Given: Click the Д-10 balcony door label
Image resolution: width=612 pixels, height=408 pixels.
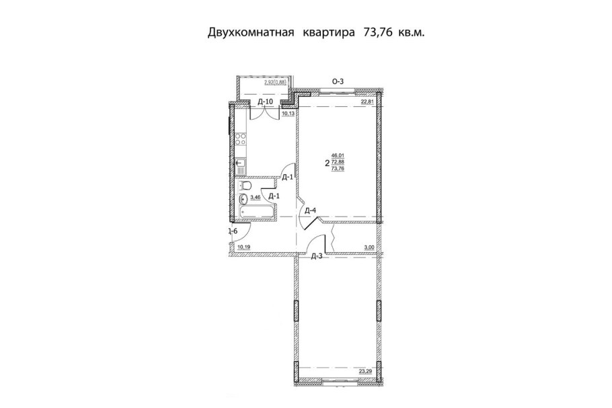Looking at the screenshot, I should click(x=266, y=102).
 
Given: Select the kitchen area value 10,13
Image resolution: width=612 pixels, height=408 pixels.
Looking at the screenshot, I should click(x=288, y=114).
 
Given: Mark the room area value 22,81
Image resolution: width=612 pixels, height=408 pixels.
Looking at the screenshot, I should click(x=367, y=102).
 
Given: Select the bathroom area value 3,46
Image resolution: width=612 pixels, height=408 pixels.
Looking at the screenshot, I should click(x=256, y=198).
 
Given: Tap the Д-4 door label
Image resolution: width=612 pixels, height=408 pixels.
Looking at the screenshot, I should click(x=311, y=211).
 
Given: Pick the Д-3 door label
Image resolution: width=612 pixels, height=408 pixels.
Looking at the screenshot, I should click(x=317, y=256).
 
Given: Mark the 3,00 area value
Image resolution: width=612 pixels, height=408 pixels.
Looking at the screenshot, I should click(x=369, y=247).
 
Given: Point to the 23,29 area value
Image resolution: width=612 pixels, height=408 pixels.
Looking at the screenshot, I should click(x=366, y=370).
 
